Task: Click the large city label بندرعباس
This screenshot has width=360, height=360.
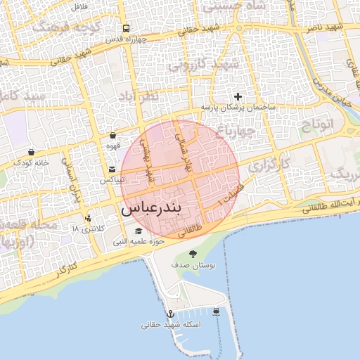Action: [x=161, y=209]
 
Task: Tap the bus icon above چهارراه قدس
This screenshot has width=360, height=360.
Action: [x=125, y=30]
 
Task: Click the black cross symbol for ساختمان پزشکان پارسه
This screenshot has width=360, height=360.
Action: [x=238, y=96]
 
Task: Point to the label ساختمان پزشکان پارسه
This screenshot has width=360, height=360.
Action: [x=238, y=107]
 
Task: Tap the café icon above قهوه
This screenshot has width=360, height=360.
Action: [x=112, y=135]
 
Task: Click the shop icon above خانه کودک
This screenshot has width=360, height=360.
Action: [x=31, y=152]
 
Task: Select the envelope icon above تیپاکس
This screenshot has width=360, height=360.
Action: [x=112, y=169]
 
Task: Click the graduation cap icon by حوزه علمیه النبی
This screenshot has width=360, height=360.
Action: [x=139, y=231]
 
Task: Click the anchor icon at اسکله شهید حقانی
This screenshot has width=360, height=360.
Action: [x=169, y=313]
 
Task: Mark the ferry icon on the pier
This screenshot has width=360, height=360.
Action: [x=215, y=311]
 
